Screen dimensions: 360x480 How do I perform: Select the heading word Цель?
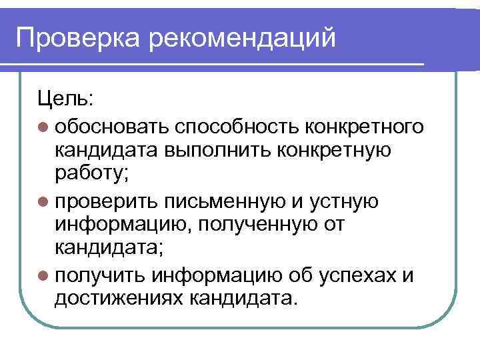pyautogui.click(x=66, y=99)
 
